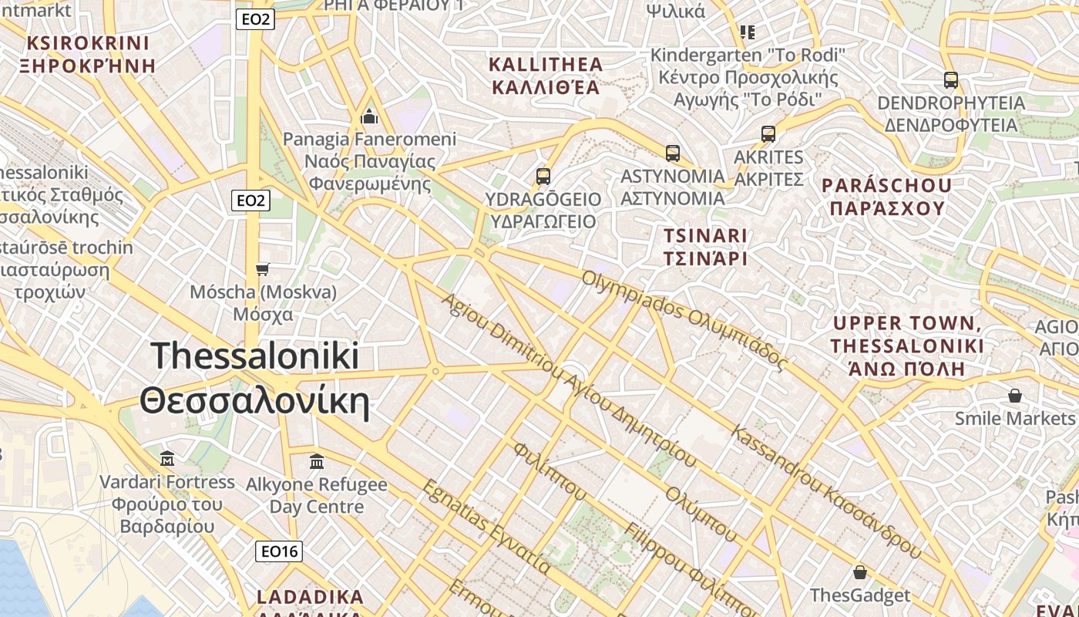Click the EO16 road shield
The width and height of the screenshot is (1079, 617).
point(279,551)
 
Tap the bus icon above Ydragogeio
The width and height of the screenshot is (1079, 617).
point(543,176)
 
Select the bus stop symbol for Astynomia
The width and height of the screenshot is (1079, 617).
point(673,153)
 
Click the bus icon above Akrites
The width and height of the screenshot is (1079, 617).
point(768,133)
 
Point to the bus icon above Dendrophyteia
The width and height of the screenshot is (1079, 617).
point(950,79)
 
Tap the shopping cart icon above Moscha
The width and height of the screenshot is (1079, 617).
point(263,269)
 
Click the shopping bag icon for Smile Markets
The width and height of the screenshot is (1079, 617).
point(1014,396)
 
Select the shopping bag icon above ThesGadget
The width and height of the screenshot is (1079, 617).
point(859,572)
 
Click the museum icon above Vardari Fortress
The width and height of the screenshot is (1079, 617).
point(167,459)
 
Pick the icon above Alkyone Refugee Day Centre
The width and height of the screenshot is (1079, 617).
point(316,461)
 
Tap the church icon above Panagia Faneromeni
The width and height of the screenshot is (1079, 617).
point(369,117)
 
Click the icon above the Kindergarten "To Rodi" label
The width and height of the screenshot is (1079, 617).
point(747,32)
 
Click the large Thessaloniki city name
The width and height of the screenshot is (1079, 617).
point(254,378)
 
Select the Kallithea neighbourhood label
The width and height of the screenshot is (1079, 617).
point(546,75)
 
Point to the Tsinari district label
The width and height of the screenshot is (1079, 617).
point(705,247)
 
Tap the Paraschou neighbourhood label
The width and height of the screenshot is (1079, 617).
point(886,197)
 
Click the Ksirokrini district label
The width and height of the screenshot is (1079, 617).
point(88,54)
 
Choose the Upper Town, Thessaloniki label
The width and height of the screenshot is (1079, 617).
point(907,346)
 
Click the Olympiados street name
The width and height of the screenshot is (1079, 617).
point(684,320)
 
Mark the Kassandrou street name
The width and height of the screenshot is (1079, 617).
point(826,491)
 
